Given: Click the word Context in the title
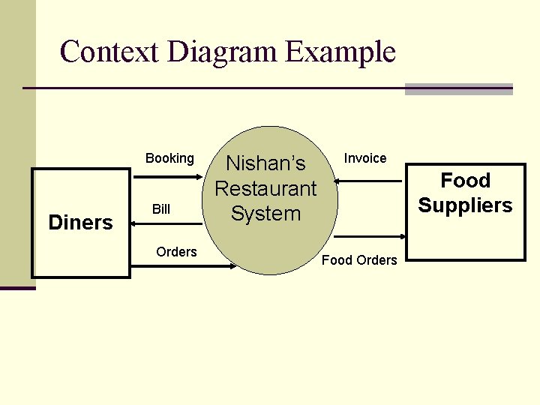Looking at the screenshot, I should point(109,52).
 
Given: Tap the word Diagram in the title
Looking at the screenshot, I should point(222,52).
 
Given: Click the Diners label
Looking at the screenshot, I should point(80,222).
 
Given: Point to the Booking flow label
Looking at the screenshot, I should point(169,158).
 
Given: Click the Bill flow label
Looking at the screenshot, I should point(161,209).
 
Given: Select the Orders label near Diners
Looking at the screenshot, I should point(176,252).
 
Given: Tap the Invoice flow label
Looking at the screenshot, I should point(365,158).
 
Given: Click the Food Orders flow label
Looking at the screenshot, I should point(359,260).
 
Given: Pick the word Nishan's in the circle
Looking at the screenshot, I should point(265,163).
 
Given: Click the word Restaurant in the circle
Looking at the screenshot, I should point(265,188).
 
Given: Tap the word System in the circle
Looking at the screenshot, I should point(265,214).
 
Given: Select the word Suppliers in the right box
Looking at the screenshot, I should point(465,205).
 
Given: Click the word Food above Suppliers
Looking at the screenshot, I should point(465,181).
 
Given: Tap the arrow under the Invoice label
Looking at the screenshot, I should point(367,181).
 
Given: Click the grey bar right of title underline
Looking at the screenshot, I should point(458,89).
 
